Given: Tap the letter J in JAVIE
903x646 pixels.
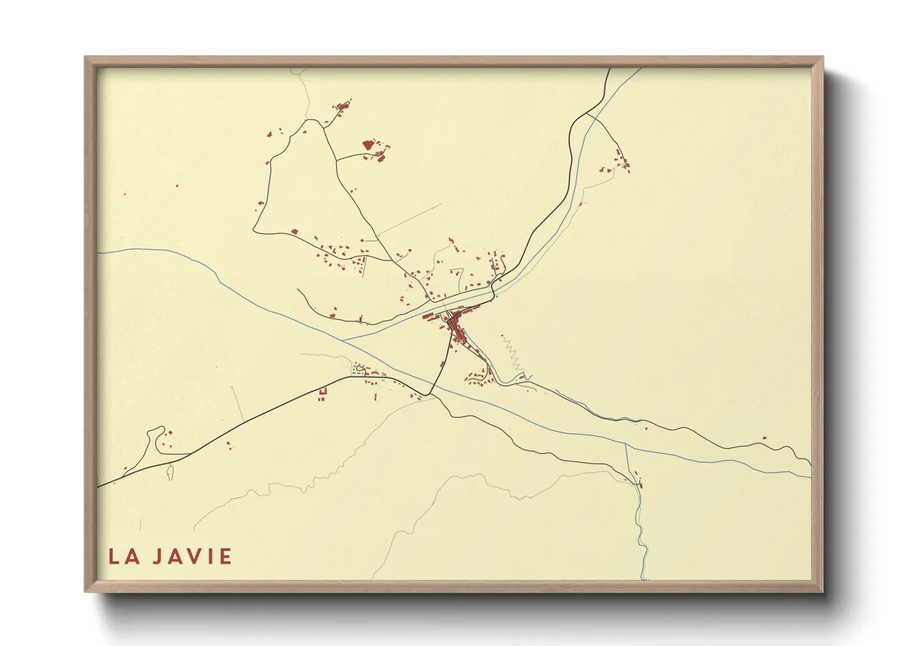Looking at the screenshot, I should [157, 557].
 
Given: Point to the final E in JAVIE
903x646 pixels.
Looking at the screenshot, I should [226, 557].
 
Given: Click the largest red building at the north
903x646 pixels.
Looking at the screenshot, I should [367, 145].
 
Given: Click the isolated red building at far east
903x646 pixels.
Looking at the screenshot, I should [764, 438].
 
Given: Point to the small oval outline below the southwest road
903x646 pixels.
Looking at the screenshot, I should [169, 472].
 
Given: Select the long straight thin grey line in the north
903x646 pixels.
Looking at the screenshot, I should [409, 219].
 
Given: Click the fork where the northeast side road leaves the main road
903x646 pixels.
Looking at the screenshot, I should [587, 113].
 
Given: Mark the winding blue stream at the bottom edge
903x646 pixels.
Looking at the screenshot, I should [642, 537].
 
